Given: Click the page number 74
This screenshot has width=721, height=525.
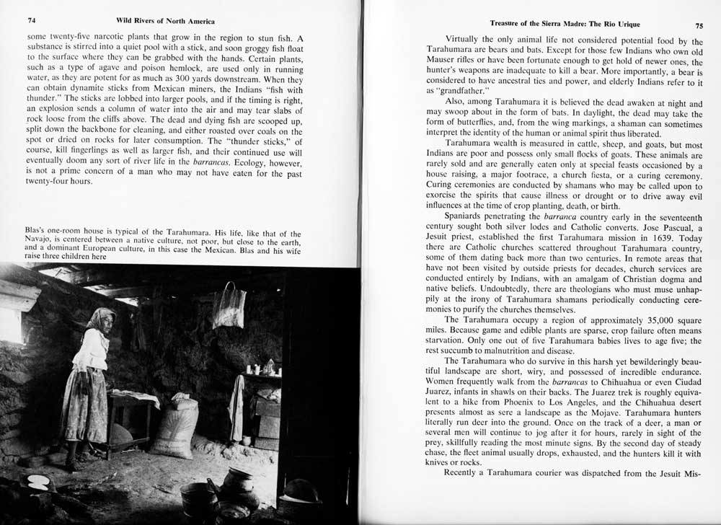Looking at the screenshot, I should click(32, 21).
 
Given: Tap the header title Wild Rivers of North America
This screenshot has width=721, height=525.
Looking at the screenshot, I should click(165, 21).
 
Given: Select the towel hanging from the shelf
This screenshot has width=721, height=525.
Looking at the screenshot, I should click(236, 407).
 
